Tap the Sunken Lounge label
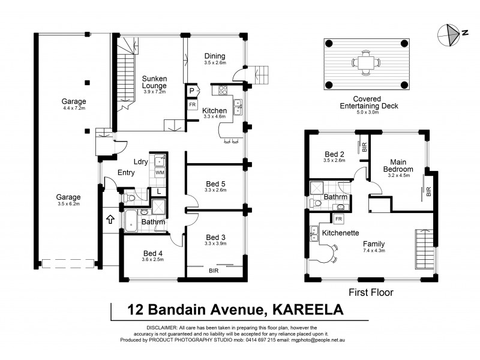(x=154, y=82)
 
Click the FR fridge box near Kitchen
(x=193, y=104)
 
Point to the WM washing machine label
(x=160, y=173)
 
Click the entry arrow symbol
(x=110, y=220)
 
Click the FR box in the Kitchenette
(x=339, y=219)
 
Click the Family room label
(x=373, y=244)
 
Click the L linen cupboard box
(x=157, y=191)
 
